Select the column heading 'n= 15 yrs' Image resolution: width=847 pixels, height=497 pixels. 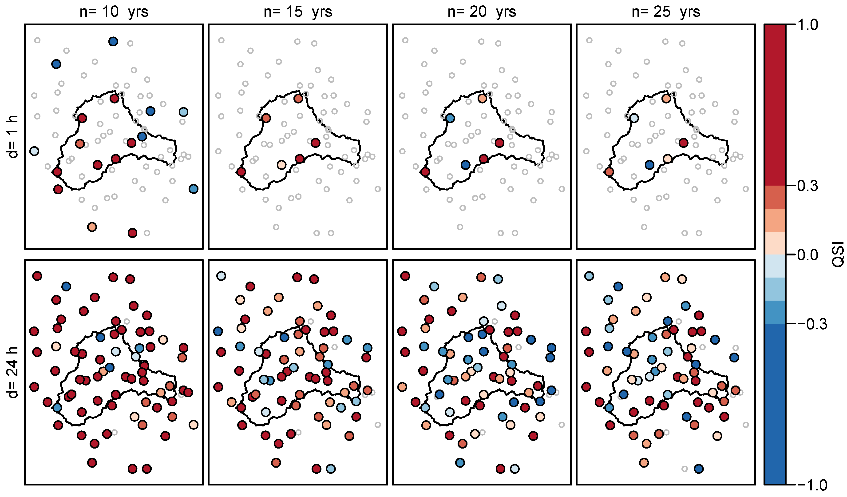(298, 12)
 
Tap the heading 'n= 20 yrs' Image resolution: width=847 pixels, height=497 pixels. (482, 12)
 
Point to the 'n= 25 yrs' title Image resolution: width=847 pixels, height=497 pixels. (666, 12)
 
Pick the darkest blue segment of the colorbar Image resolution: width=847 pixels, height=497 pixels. (775, 404)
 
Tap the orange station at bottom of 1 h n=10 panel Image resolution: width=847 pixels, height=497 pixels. (92, 227)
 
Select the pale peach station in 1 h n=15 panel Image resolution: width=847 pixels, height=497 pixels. (282, 165)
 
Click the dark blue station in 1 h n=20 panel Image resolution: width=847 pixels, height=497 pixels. (466, 165)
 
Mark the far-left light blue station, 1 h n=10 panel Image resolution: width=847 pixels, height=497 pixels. (34, 151)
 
